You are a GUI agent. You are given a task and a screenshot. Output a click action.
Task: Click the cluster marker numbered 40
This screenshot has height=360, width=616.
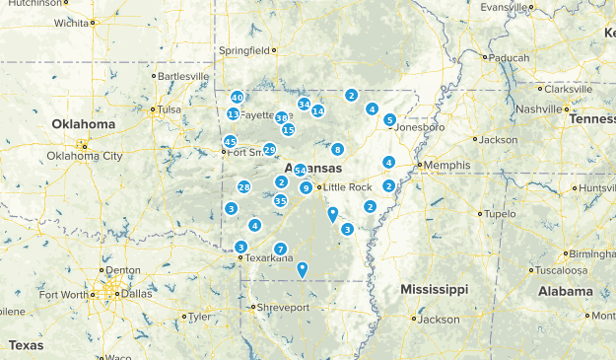[x=237, y=98]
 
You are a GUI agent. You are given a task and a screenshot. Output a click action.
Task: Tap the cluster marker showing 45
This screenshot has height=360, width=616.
[x=230, y=142]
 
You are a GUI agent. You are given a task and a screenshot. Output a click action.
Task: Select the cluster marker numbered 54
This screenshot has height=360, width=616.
[x=300, y=171]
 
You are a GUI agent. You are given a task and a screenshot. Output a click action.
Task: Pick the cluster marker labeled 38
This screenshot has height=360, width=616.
[x=282, y=117]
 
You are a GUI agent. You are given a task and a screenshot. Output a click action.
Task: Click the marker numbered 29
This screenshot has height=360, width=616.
[x=269, y=150]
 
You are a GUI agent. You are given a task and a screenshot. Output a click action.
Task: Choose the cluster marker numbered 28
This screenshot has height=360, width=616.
[x=243, y=187]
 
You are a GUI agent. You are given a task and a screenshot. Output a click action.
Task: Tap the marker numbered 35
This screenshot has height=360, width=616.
[x=281, y=201]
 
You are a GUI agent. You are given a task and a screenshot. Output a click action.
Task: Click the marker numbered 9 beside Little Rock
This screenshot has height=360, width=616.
[x=307, y=187]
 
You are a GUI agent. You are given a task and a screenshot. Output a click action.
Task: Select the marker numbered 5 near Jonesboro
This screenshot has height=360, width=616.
[x=390, y=120]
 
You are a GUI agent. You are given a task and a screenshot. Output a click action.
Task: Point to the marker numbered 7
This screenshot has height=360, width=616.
[x=281, y=249]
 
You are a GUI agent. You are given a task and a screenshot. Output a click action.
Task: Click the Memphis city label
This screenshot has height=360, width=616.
[x=443, y=165]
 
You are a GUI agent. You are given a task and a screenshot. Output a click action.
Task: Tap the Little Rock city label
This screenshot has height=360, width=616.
[x=347, y=187]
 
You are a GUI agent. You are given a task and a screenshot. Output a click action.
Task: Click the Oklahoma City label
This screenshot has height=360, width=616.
[x=85, y=156]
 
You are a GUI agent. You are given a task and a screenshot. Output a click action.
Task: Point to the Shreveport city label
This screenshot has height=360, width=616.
[x=283, y=308]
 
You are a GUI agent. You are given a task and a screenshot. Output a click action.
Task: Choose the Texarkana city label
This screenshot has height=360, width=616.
[x=269, y=258]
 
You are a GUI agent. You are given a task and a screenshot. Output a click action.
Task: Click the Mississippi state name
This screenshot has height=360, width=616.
[x=435, y=289]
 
